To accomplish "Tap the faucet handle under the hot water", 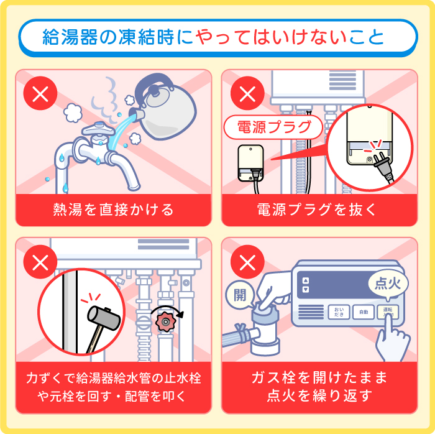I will pyautogui.click(x=94, y=129).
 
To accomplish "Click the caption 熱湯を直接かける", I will pyautogui.click(x=113, y=210).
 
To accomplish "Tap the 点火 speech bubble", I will pyautogui.click(x=388, y=284).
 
